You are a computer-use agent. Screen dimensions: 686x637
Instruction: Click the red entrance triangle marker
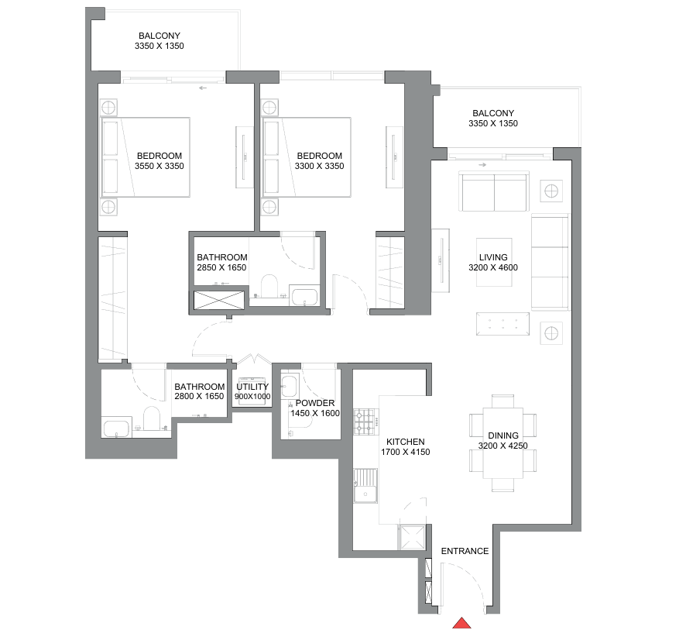click(x=461, y=623)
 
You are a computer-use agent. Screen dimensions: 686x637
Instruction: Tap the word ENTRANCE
click(x=465, y=551)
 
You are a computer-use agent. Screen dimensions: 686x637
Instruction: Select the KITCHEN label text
click(x=405, y=442)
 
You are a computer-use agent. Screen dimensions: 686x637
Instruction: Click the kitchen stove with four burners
click(x=365, y=422)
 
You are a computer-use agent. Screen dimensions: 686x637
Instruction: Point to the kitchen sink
click(x=365, y=486)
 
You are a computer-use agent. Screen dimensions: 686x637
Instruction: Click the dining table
click(x=503, y=443)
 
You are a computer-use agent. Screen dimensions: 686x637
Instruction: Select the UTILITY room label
click(x=252, y=387)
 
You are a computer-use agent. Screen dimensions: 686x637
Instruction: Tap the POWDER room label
click(x=315, y=403)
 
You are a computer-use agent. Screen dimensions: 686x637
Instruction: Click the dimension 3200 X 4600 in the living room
click(x=493, y=267)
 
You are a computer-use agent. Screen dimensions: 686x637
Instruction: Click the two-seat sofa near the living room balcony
click(x=494, y=193)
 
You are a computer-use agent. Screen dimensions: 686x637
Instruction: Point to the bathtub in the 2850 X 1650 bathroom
click(x=304, y=295)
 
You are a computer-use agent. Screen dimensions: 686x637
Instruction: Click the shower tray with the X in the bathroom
click(x=219, y=300)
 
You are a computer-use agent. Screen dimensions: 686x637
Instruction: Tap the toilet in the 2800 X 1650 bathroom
click(x=152, y=418)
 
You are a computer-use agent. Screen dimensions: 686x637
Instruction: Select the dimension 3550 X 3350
click(x=159, y=166)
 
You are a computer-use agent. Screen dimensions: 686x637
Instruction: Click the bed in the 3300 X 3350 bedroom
click(x=307, y=157)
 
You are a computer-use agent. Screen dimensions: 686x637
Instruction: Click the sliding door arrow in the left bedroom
click(x=203, y=88)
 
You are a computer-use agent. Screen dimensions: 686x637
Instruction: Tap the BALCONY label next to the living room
click(x=493, y=113)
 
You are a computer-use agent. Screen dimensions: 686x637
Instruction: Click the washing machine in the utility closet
click(x=251, y=391)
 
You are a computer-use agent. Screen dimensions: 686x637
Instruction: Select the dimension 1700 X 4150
click(x=406, y=452)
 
